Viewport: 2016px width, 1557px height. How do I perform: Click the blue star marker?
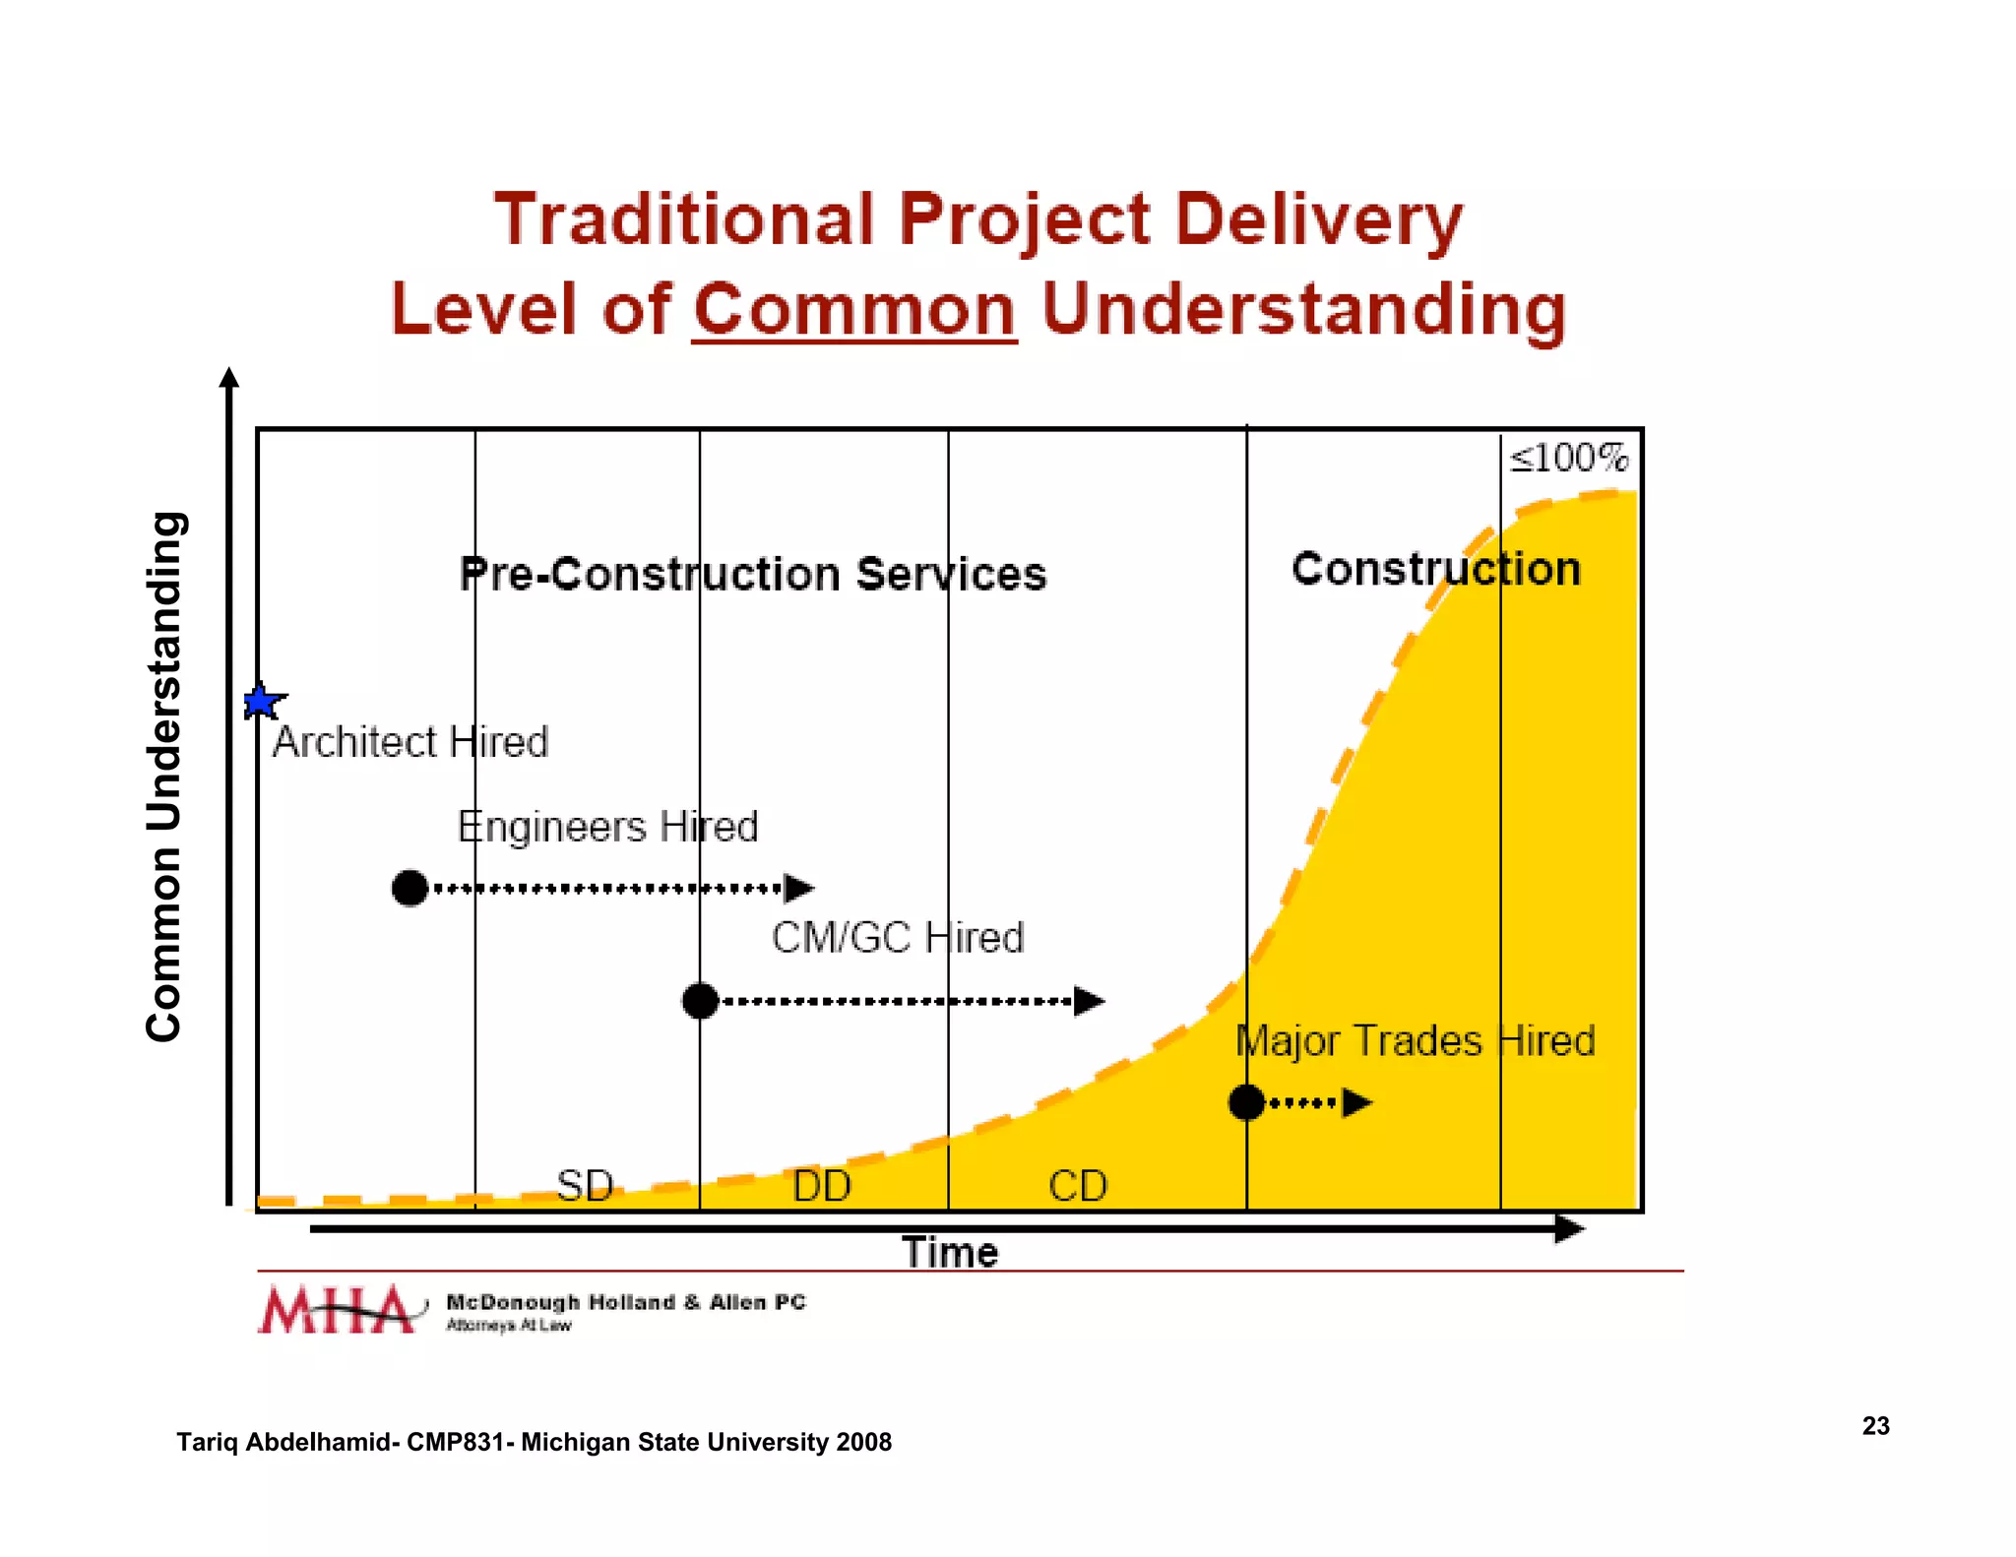pyautogui.click(x=262, y=702)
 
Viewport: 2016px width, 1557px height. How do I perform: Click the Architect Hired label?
pyautogui.click(x=409, y=742)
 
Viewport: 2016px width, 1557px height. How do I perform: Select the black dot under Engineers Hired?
pyautogui.click(x=409, y=888)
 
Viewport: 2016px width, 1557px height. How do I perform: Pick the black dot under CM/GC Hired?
pyautogui.click(x=700, y=1001)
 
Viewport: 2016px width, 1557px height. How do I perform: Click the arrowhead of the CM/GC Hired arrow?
pyautogui.click(x=1089, y=1001)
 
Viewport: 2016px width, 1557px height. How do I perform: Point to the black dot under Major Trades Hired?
pyautogui.click(x=1246, y=1102)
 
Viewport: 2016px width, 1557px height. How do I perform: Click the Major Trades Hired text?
pyautogui.click(x=1415, y=1040)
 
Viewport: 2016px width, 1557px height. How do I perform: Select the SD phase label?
pyautogui.click(x=585, y=1185)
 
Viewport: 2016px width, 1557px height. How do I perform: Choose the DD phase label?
pyautogui.click(x=822, y=1185)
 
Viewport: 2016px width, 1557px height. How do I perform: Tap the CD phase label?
pyautogui.click(x=1078, y=1185)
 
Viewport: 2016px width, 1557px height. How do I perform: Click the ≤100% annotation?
pyautogui.click(x=1569, y=458)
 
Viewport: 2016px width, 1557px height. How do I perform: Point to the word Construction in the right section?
pyautogui.click(x=1435, y=569)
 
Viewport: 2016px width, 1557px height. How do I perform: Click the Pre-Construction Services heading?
pyautogui.click(x=753, y=574)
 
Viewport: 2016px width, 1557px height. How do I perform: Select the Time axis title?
pyautogui.click(x=950, y=1253)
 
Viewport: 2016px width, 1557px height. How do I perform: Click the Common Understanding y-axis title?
pyautogui.click(x=164, y=777)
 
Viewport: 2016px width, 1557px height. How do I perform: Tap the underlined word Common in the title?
pyautogui.click(x=853, y=309)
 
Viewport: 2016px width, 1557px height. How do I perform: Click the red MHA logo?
pyautogui.click(x=338, y=1310)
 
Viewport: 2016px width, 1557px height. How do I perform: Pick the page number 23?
pyautogui.click(x=1875, y=1425)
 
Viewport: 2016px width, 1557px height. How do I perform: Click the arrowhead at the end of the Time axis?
pyautogui.click(x=1569, y=1227)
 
